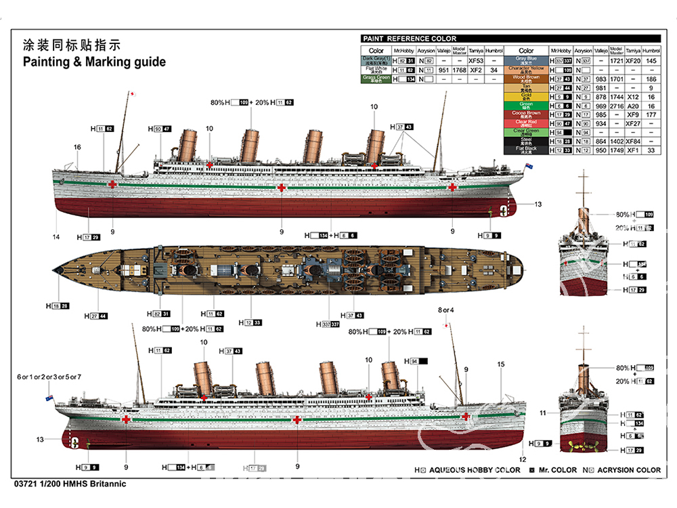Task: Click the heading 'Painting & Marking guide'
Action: pyautogui.click(x=94, y=62)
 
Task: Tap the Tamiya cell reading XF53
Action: pyautogui.click(x=476, y=61)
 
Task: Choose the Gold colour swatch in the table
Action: pyautogui.click(x=526, y=96)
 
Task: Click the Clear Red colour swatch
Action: pyautogui.click(x=526, y=123)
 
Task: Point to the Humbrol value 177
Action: pyautogui.click(x=651, y=114)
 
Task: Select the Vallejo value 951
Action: pyautogui.click(x=443, y=70)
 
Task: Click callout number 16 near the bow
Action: pyautogui.click(x=77, y=147)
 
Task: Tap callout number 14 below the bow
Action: pyautogui.click(x=56, y=236)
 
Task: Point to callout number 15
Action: pyautogui.click(x=501, y=364)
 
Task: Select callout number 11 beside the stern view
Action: pyautogui.click(x=542, y=412)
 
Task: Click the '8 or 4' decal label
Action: pyautogui.click(x=446, y=310)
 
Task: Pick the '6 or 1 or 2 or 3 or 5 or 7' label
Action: pyautogui.click(x=49, y=377)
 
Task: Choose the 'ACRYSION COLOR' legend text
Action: pyautogui.click(x=626, y=470)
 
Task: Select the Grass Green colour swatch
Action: pyautogui.click(x=376, y=79)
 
